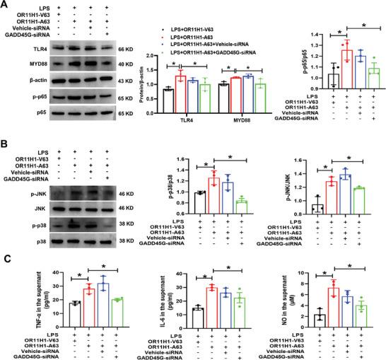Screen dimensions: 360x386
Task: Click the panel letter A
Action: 6,6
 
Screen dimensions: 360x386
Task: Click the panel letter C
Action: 6,257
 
